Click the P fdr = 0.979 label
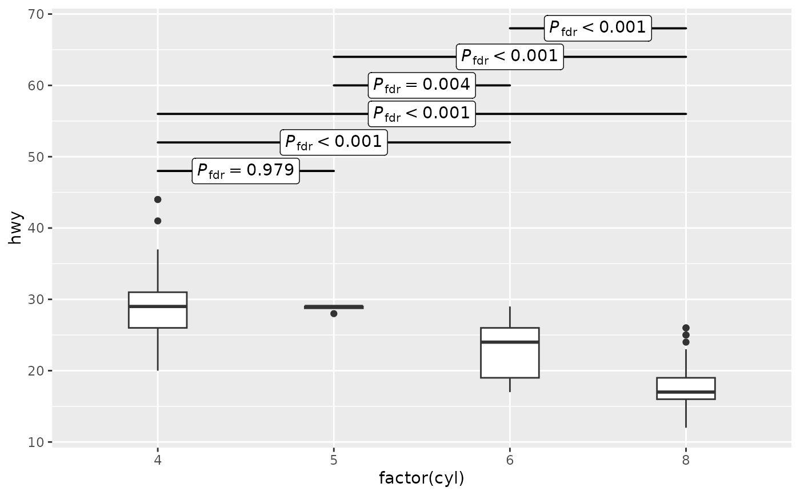(x=246, y=171)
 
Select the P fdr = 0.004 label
(x=422, y=85)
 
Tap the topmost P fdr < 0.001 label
(x=598, y=28)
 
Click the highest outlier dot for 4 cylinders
(x=158, y=199)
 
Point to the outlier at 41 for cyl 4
(x=158, y=221)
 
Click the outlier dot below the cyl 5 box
(x=334, y=314)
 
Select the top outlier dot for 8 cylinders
(x=686, y=328)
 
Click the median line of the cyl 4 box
(x=158, y=306)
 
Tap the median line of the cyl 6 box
(x=510, y=342)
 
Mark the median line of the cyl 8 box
(x=686, y=392)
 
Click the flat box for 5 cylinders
(x=334, y=307)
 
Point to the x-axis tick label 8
(x=686, y=460)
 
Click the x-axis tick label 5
(x=334, y=460)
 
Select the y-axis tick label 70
(x=35, y=15)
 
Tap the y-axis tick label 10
(x=35, y=442)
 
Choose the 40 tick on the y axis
(x=35, y=228)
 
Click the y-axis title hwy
(x=15, y=228)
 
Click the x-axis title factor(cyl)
(x=422, y=478)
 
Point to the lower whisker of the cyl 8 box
(x=686, y=414)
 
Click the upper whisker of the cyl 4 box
(x=158, y=271)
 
